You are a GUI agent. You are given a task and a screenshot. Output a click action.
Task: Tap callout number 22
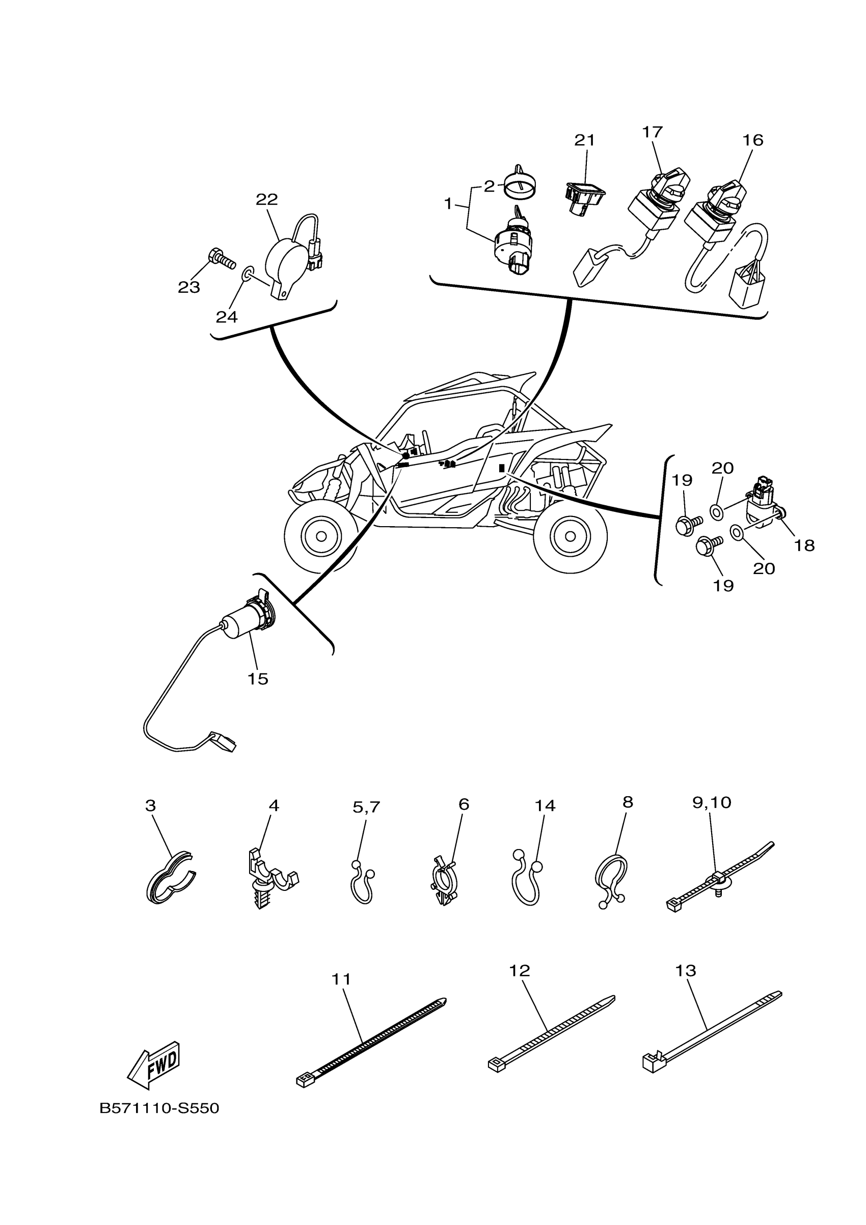pyautogui.click(x=267, y=200)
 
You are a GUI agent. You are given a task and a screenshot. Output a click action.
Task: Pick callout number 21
pyautogui.click(x=584, y=140)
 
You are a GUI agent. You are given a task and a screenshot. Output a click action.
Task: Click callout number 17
pyautogui.click(x=652, y=132)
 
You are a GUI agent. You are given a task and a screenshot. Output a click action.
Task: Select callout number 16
pyautogui.click(x=753, y=140)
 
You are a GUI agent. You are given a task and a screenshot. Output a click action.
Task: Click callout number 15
pyautogui.click(x=258, y=679)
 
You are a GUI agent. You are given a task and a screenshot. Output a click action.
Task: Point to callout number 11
pyautogui.click(x=341, y=979)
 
